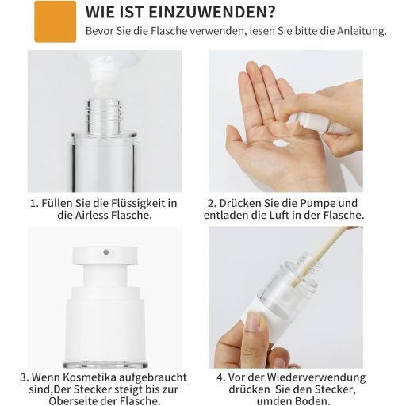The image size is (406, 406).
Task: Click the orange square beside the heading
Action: [56, 21]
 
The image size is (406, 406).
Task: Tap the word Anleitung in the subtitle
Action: [362, 31]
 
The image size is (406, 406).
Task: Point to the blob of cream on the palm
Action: [282, 143]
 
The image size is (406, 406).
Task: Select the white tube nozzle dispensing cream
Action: [102, 71]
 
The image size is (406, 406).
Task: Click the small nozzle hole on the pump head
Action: [106, 252]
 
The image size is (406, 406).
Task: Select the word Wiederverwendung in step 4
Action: [316, 377]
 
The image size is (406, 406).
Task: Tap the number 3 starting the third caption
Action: [23, 377]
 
